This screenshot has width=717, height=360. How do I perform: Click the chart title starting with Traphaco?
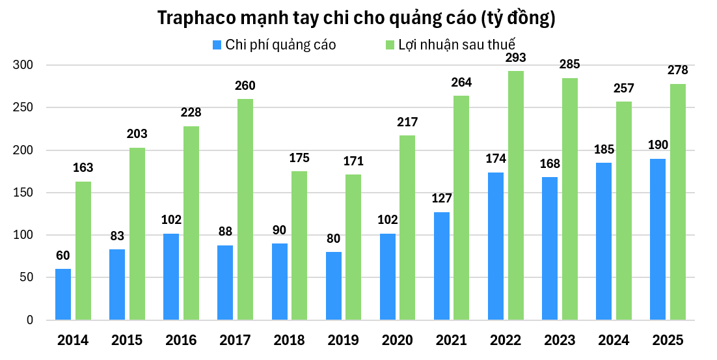tap(357, 18)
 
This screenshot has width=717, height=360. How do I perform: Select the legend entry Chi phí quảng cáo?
tap(274, 45)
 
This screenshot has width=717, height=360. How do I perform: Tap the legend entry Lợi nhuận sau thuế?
tap(450, 45)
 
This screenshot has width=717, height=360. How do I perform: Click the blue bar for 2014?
tap(63, 294)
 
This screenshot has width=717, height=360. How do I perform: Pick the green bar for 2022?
tap(516, 195)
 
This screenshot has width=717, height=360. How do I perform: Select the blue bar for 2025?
tap(658, 240)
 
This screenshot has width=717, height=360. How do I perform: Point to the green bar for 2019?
tap(353, 247)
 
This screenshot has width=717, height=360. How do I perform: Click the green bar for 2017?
tap(245, 210)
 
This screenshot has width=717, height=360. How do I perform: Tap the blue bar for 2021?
tap(441, 266)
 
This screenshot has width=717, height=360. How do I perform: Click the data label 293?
tap(516, 58)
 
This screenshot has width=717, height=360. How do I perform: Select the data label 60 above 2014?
tap(63, 256)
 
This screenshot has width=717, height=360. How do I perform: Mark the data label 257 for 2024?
tap(624, 89)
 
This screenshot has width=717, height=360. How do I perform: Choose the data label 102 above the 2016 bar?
tap(171, 220)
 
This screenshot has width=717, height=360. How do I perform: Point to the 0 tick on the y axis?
tap(29, 320)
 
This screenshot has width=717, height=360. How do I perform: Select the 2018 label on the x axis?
tap(290, 340)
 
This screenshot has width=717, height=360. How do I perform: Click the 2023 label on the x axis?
tap(560, 340)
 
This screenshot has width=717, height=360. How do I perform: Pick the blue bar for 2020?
tap(387, 277)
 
